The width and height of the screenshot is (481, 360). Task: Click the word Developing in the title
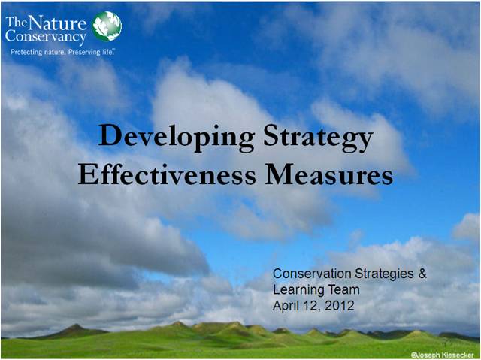point(177,137)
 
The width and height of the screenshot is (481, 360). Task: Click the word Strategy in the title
point(318,137)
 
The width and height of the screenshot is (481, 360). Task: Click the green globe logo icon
point(107,26)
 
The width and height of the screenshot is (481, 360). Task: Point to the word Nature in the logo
point(57,23)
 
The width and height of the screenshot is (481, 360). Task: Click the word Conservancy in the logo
point(45,37)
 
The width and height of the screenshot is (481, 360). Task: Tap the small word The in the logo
point(17,23)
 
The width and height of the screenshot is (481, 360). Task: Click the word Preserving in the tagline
point(84,52)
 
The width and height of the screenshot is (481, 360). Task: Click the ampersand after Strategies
point(422,274)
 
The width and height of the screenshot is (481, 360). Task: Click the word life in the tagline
point(107,52)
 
